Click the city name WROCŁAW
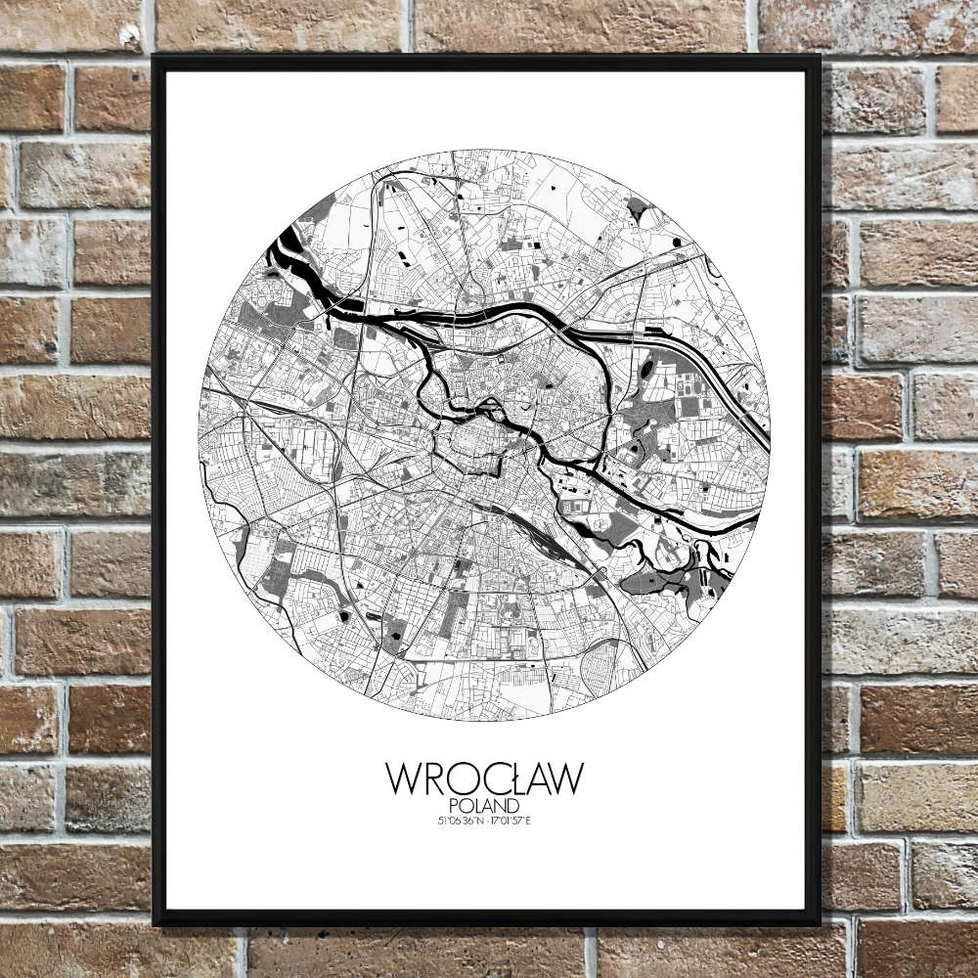click(484, 778)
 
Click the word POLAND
click(485, 806)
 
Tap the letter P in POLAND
click(457, 806)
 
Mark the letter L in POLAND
click(478, 806)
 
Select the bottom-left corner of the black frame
click(155, 923)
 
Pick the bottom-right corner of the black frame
click(819, 923)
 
